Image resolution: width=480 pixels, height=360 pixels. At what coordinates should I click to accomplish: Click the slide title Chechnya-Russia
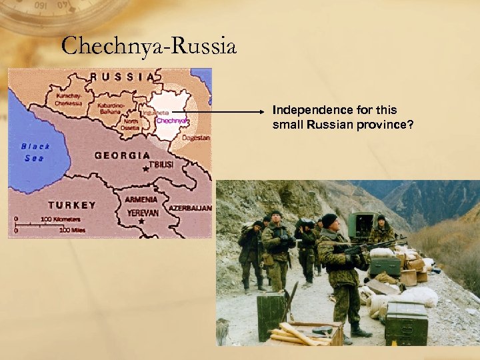148,47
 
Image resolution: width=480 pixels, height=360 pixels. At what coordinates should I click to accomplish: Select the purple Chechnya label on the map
173,121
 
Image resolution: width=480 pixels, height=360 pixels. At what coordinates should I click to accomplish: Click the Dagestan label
197,138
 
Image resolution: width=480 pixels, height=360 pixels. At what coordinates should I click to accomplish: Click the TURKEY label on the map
73,205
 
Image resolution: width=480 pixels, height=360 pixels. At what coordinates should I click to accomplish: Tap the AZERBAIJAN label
190,208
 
